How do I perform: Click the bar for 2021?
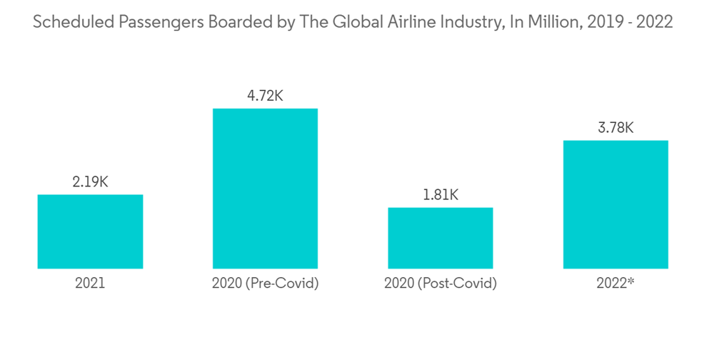(x=90, y=231)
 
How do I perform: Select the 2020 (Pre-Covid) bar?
(x=265, y=189)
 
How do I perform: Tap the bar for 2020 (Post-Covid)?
(x=440, y=238)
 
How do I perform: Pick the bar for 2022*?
(x=615, y=204)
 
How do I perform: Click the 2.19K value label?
(x=90, y=182)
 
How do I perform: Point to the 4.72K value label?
(x=265, y=96)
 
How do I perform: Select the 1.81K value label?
(x=440, y=194)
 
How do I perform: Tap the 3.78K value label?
(x=615, y=128)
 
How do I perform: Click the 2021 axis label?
(x=90, y=284)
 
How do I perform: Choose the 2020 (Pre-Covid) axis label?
(x=265, y=284)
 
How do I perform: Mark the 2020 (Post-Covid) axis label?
(x=440, y=284)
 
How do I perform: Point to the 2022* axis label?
(x=615, y=284)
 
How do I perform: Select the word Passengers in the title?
(x=149, y=22)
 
